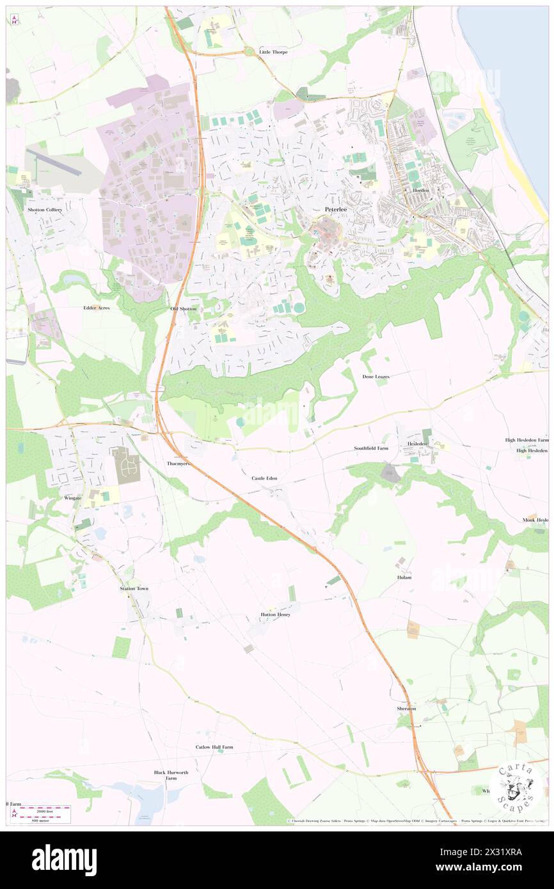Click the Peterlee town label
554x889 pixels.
coord(335,209)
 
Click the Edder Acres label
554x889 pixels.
coord(97,308)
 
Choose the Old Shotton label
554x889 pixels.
coord(184,309)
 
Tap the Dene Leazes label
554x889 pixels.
coord(376,377)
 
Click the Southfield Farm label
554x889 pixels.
coord(371,448)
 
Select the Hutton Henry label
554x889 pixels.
coord(275,615)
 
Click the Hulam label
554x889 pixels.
coord(404,577)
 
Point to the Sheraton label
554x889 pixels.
coord(406,709)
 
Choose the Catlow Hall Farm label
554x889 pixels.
coord(214,747)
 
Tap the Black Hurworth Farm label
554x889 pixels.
coord(171,775)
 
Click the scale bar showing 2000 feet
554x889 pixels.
coord(44,810)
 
